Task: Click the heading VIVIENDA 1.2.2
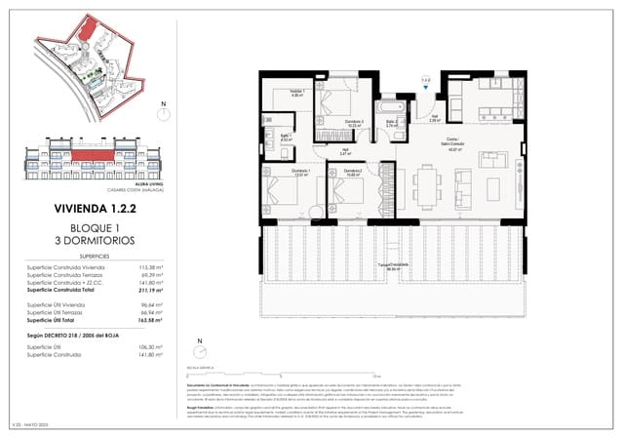[95, 208]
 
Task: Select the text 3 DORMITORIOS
[95, 240]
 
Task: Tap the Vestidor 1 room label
[295, 93]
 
